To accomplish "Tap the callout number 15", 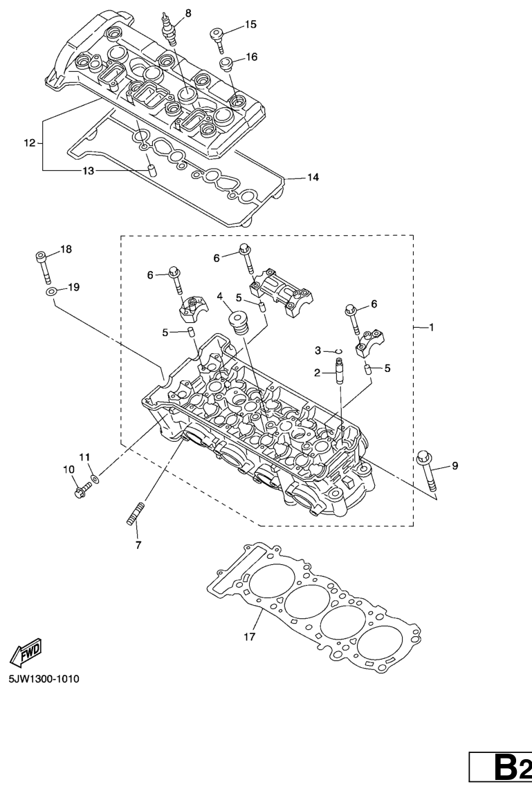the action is click(x=251, y=24).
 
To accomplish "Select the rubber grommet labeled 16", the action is click(x=226, y=64).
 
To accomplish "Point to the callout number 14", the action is click(x=313, y=177).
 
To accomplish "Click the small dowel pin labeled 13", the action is click(x=150, y=169).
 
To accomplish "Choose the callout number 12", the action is click(x=29, y=142).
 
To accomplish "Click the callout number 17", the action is click(x=249, y=637).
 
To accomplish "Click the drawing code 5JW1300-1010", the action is click(x=44, y=679).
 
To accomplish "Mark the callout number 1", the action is click(x=431, y=328).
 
